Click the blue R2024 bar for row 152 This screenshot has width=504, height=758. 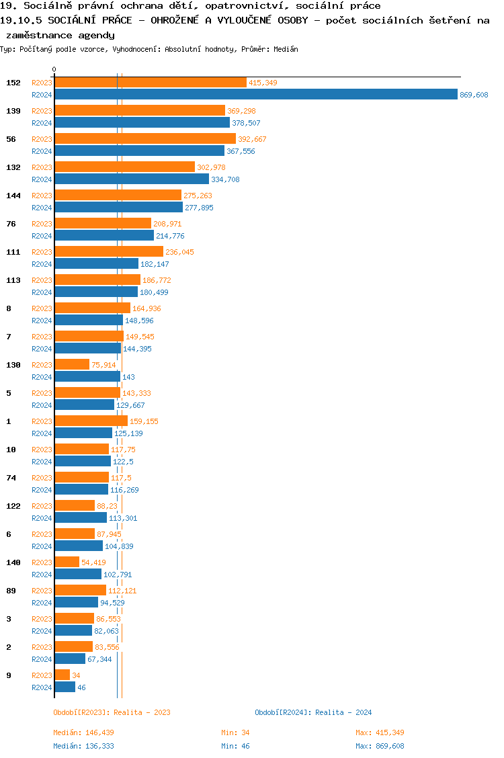[x=255, y=95]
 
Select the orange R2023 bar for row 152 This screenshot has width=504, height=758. [x=151, y=83]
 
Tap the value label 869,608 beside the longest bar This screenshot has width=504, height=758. [x=474, y=95]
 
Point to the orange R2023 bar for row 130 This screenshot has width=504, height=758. [x=72, y=365]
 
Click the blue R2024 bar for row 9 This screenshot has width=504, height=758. [x=65, y=687]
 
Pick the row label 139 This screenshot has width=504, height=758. [x=13, y=111]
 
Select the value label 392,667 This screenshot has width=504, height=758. [x=252, y=139]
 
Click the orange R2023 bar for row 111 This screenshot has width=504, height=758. [x=109, y=252]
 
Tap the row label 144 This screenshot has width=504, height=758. [x=13, y=196]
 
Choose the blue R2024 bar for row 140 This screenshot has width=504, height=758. [x=78, y=575]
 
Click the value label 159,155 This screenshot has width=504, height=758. [x=144, y=421]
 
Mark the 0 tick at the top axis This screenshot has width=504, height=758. [x=54, y=69]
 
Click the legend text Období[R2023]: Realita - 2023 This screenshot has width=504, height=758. [x=112, y=712]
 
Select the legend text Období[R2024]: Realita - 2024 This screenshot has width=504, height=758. [x=313, y=712]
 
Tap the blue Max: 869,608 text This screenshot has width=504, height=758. [x=380, y=746]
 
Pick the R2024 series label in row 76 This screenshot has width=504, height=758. [x=42, y=236]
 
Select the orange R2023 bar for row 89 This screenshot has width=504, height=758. [x=80, y=591]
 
